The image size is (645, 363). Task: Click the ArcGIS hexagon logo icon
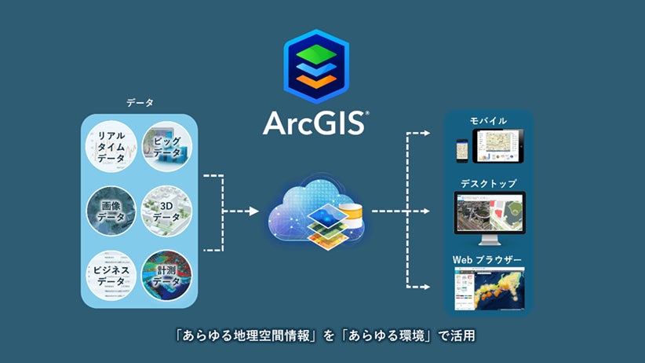coord(322,66)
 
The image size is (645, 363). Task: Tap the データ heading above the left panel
coord(140,103)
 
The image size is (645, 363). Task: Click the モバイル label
coord(488,122)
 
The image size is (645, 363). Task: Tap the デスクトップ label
coord(488,183)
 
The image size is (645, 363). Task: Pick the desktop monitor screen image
coord(488,213)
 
